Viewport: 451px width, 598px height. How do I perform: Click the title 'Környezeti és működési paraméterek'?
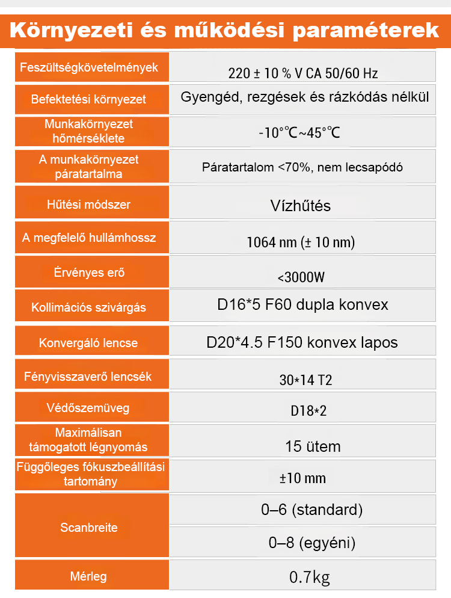coord(225,30)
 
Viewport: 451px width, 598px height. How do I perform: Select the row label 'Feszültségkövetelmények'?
coord(89,67)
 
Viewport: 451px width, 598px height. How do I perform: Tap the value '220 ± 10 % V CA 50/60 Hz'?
coord(303,74)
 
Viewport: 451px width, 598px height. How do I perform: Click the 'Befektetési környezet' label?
coord(88,99)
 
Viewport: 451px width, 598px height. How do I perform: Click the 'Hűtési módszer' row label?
coord(88,205)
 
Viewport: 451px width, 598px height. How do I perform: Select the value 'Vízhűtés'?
coord(301,206)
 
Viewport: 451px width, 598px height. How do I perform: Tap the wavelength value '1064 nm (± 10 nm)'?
coord(301,243)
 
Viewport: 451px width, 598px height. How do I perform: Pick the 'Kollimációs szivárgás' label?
coord(88,308)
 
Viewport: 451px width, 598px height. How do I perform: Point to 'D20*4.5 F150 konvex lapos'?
coord(302,342)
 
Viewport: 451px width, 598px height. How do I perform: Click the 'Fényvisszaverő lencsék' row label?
coord(88,377)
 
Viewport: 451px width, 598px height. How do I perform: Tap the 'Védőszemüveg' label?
coord(88,408)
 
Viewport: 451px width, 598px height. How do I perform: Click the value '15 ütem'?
coord(313,446)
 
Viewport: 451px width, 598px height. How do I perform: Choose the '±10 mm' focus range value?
coord(302,478)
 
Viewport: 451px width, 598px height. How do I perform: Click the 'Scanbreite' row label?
coord(88,528)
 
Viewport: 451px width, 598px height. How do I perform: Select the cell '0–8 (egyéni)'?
coord(311,543)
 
